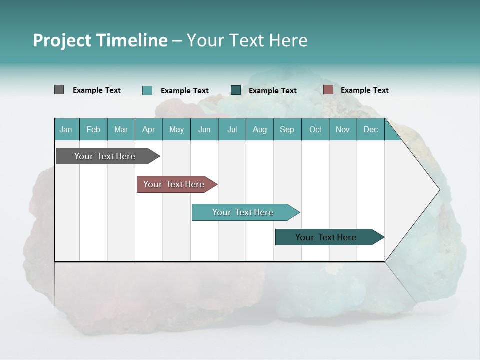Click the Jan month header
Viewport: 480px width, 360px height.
coord(66,129)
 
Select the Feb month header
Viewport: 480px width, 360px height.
coord(93,129)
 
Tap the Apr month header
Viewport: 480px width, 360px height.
coord(148,129)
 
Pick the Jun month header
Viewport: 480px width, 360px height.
coord(204,129)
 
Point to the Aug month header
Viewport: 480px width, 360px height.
coord(259,129)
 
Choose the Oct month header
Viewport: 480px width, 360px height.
coord(315,129)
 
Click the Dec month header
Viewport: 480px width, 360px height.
coord(370,129)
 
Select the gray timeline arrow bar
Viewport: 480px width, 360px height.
coord(105,156)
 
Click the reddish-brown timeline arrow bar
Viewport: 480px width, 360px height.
coord(174,184)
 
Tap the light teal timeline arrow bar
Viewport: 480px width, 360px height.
coord(243,212)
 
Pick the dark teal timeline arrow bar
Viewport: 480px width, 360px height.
coord(326,237)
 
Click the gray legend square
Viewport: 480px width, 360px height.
coord(59,90)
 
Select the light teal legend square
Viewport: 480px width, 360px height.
coord(147,90)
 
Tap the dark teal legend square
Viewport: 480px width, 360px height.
coord(236,90)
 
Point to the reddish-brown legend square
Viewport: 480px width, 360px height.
coord(328,90)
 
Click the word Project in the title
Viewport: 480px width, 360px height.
coord(62,41)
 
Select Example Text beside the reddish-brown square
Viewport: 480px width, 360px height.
coord(364,90)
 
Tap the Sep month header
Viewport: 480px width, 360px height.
coord(287,129)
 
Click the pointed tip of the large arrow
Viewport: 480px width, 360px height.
coord(438,189)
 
